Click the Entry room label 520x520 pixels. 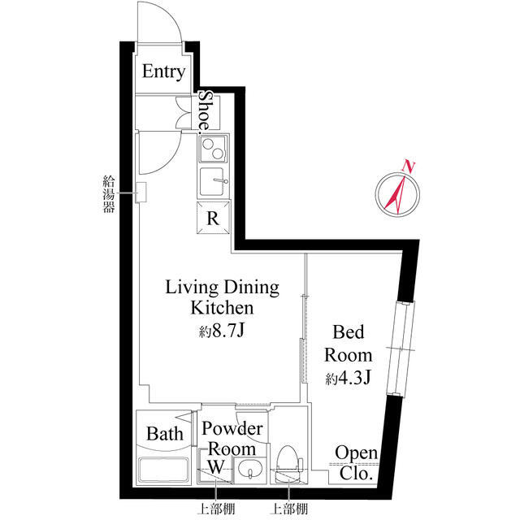click(163, 71)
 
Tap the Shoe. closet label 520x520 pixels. click(206, 112)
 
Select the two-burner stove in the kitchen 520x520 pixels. click(213, 149)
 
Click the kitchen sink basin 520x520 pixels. click(212, 182)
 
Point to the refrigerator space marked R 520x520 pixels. click(213, 218)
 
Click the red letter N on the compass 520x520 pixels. click(409, 166)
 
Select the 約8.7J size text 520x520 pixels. click(222, 330)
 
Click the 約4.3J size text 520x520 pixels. click(348, 378)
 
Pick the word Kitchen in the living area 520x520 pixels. click(222, 307)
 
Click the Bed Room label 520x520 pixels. click(349, 344)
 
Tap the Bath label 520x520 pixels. click(165, 434)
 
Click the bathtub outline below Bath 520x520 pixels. click(163, 470)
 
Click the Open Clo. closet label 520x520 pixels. click(356, 463)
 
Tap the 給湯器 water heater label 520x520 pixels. click(109, 194)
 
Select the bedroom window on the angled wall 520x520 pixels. click(401, 349)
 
